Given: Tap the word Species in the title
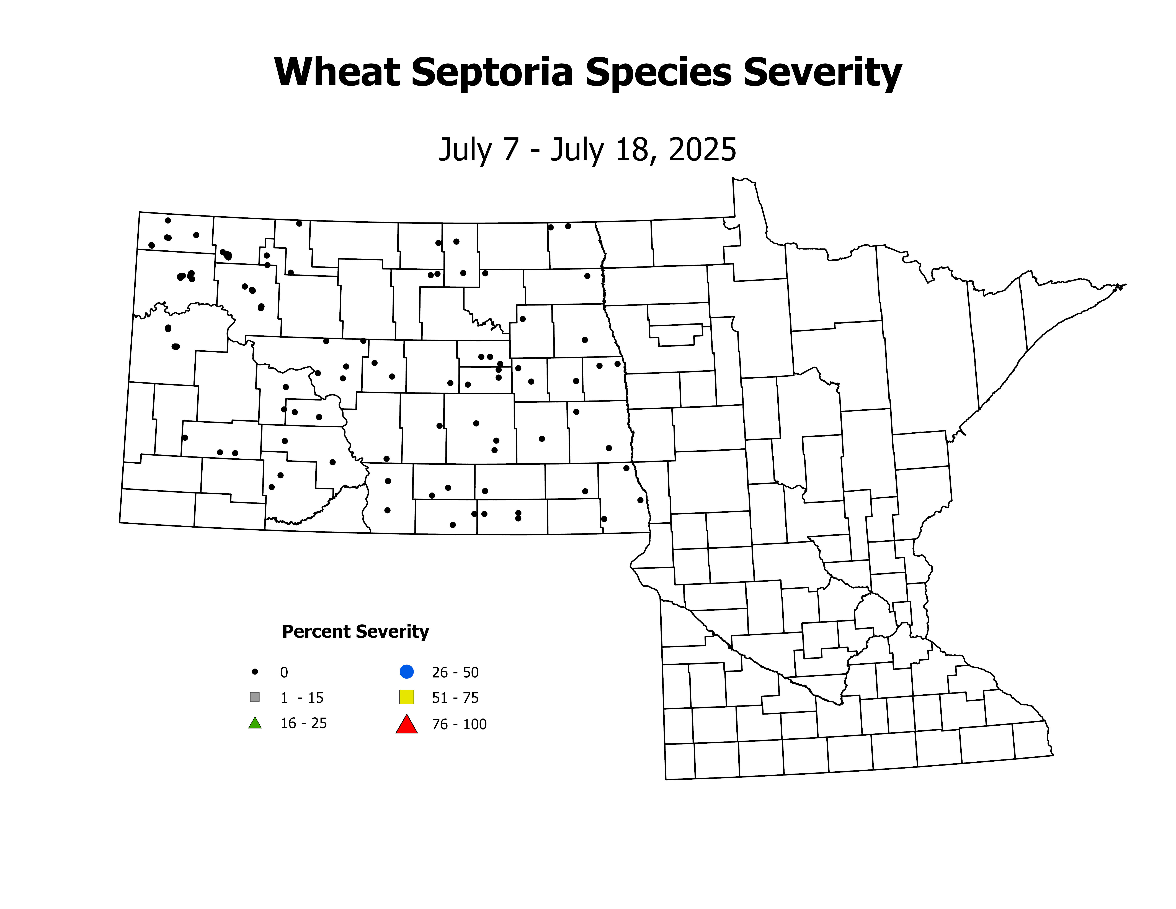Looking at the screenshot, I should click(658, 73).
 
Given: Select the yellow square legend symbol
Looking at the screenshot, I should click(407, 697).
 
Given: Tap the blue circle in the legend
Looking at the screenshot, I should click(407, 672).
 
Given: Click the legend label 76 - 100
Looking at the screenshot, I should click(459, 724).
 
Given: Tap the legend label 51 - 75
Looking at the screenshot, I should click(455, 698).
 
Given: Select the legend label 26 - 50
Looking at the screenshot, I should click(455, 673).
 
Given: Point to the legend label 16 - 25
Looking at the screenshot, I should click(303, 723).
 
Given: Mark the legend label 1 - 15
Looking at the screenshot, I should click(301, 698).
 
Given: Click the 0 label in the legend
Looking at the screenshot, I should click(284, 673).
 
